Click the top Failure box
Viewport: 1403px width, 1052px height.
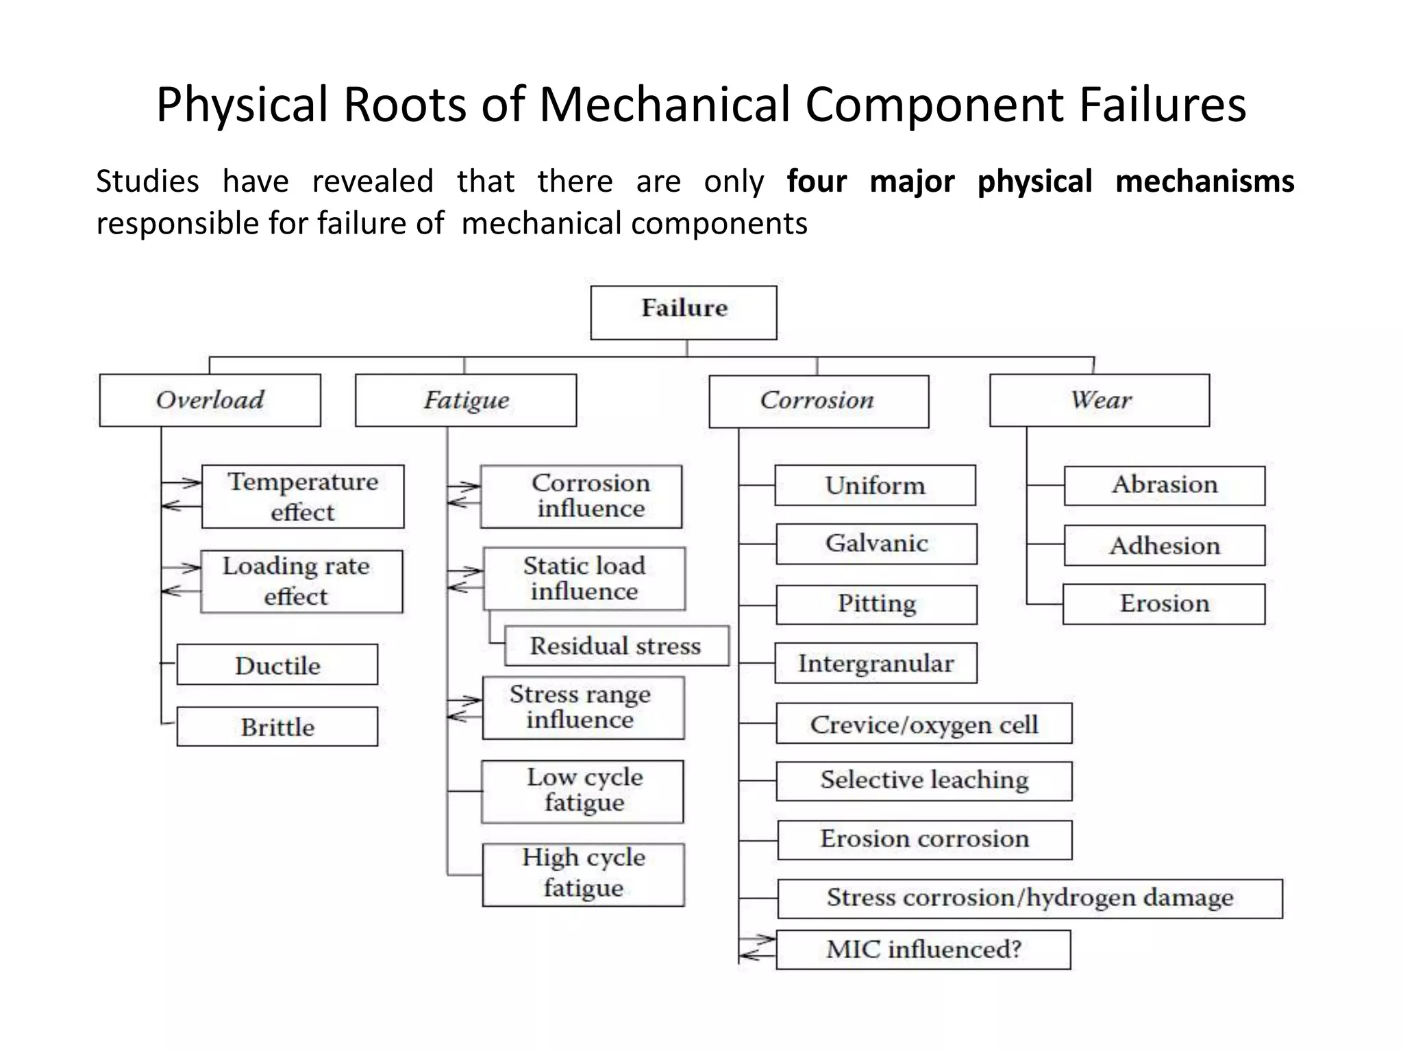point(684,312)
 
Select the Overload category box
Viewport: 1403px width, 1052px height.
point(210,400)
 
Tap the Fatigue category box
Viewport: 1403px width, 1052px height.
point(466,400)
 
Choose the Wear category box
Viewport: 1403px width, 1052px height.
point(1100,400)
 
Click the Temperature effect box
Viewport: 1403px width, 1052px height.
point(303,497)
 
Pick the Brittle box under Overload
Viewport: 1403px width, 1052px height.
point(277,727)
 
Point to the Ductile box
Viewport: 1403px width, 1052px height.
point(277,664)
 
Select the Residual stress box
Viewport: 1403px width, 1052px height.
point(617,645)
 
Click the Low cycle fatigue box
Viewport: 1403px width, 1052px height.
point(583,791)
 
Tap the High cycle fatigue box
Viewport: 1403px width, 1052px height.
point(583,875)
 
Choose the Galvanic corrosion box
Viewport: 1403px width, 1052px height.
point(876,544)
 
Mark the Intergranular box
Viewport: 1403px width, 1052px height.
point(876,663)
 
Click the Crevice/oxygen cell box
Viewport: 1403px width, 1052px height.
point(923,724)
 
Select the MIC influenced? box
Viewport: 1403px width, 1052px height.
point(923,949)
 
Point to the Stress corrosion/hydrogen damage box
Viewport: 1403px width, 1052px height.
point(1030,898)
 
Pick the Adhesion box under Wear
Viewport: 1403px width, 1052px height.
point(1165,545)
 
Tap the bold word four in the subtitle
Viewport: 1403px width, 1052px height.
point(816,181)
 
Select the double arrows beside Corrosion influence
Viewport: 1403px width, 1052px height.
point(464,494)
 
